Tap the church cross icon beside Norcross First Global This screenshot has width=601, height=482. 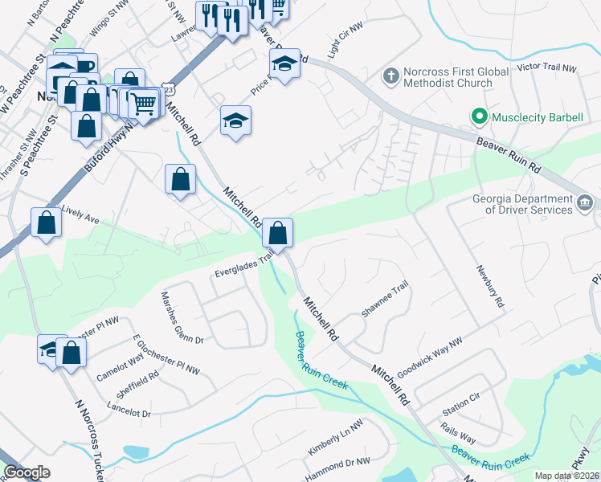pyautogui.click(x=390, y=77)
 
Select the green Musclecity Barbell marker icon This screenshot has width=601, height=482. pyautogui.click(x=480, y=117)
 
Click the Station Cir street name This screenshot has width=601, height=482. pyautogui.click(x=461, y=398)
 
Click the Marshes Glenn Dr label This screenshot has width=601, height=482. pyautogui.click(x=183, y=317)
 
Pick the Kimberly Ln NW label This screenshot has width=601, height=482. pyautogui.click(x=336, y=440)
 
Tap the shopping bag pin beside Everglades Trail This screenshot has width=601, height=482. pyautogui.click(x=276, y=233)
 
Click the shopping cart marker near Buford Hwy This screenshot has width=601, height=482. pyautogui.click(x=145, y=104)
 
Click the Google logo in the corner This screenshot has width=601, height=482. pyautogui.click(x=27, y=472)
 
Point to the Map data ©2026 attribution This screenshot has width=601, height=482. pyautogui.click(x=566, y=476)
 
